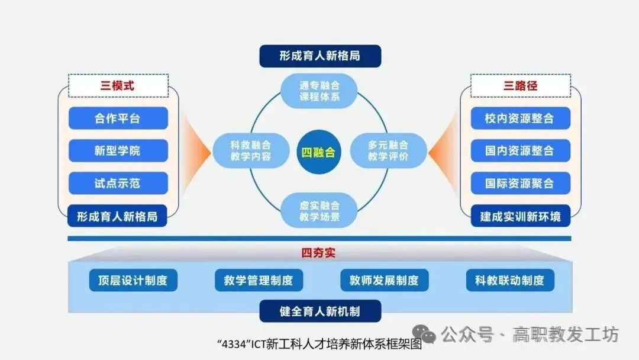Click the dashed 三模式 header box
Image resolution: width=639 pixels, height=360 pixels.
click(118, 86)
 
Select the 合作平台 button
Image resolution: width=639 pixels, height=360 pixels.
click(118, 118)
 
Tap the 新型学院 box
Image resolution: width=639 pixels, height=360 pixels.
click(118, 150)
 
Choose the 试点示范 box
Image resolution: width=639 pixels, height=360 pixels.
click(118, 183)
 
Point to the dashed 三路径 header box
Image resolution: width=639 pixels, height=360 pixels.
click(521, 86)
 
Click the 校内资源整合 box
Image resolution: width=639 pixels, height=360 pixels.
click(521, 118)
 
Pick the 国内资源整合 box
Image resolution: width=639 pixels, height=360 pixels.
click(521, 150)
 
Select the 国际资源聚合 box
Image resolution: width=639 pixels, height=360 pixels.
click(521, 183)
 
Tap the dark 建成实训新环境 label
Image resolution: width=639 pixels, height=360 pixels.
click(521, 216)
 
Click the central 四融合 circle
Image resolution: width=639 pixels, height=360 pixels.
click(319, 152)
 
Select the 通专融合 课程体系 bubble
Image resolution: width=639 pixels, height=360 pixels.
click(319, 91)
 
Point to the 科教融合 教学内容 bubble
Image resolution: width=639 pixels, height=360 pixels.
click(251, 150)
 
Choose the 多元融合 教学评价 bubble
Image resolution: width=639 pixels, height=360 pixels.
click(388, 150)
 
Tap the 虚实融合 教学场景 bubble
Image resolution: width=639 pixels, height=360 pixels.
click(319, 211)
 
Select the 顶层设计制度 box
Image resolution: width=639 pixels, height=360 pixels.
click(133, 280)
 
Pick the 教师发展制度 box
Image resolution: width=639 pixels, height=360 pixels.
click(385, 280)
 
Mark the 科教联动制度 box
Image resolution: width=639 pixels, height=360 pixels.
click(510, 280)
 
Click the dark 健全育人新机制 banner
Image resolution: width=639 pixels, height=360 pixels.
click(320, 311)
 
